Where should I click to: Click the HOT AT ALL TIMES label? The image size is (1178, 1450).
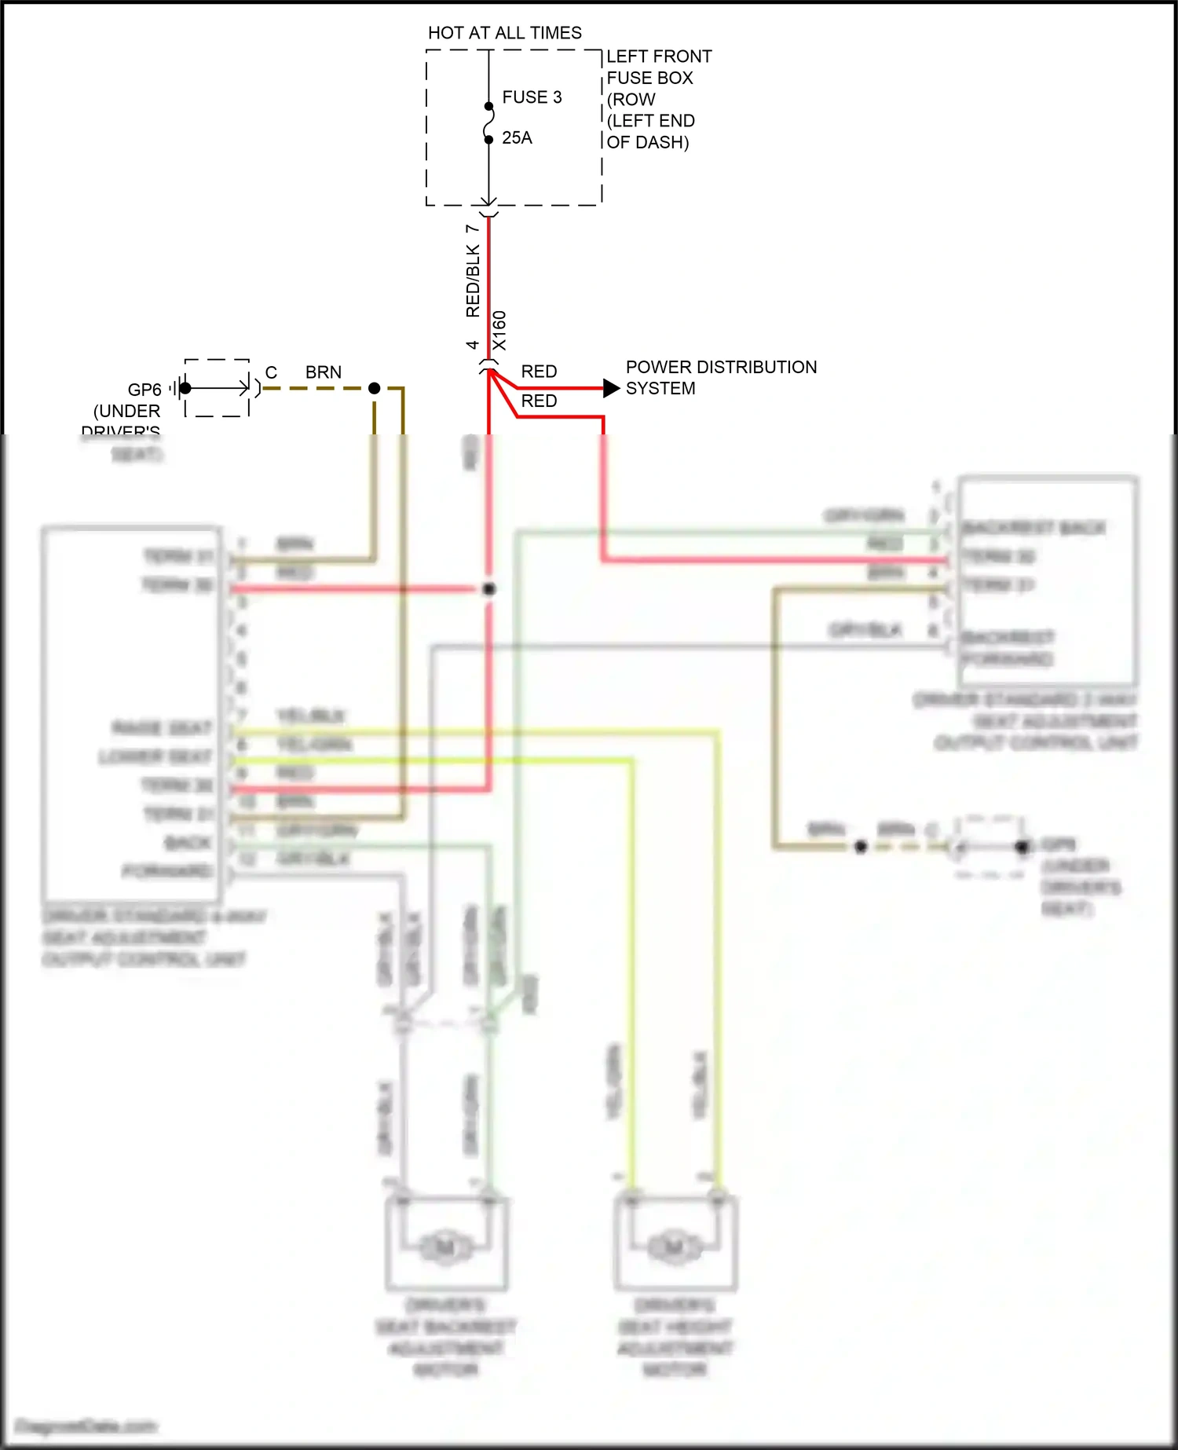pyautogui.click(x=504, y=33)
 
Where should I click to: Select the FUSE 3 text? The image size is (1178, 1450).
pyautogui.click(x=532, y=97)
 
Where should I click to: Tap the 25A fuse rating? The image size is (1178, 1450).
pyautogui.click(x=517, y=138)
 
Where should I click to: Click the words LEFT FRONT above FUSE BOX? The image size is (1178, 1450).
pyautogui.click(x=659, y=57)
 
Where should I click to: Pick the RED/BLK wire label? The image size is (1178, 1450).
pyautogui.click(x=473, y=280)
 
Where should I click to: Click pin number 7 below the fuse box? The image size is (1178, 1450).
pyautogui.click(x=472, y=229)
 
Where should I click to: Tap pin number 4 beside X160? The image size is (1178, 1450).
pyautogui.click(x=472, y=345)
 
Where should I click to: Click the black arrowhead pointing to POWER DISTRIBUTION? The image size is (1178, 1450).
pyautogui.click(x=611, y=388)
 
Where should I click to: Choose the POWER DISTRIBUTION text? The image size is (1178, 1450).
pyautogui.click(x=721, y=368)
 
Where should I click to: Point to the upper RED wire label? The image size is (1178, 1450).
pyautogui.click(x=539, y=372)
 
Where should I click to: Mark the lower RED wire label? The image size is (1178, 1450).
pyautogui.click(x=539, y=401)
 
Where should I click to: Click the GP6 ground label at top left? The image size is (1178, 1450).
pyautogui.click(x=145, y=390)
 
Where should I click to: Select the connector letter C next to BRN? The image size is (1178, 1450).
pyautogui.click(x=271, y=372)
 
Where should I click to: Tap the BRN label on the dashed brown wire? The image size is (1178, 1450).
pyautogui.click(x=324, y=372)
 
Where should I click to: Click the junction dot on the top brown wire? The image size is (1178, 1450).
pyautogui.click(x=375, y=388)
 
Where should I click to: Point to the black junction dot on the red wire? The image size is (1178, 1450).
pyautogui.click(x=488, y=588)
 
